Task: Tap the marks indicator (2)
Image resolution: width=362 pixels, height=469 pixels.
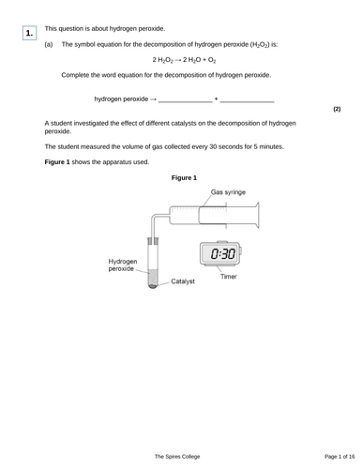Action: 336,110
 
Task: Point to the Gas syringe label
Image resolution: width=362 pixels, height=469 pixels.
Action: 228,191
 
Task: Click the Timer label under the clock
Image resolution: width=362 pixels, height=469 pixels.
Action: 229,277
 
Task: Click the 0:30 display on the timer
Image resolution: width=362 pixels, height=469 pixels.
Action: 222,254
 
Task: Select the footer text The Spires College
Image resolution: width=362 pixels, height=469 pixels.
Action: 177,456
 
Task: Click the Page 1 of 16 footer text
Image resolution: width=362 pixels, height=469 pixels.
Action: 324,456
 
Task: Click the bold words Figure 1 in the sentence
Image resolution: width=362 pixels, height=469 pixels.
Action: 59,161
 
